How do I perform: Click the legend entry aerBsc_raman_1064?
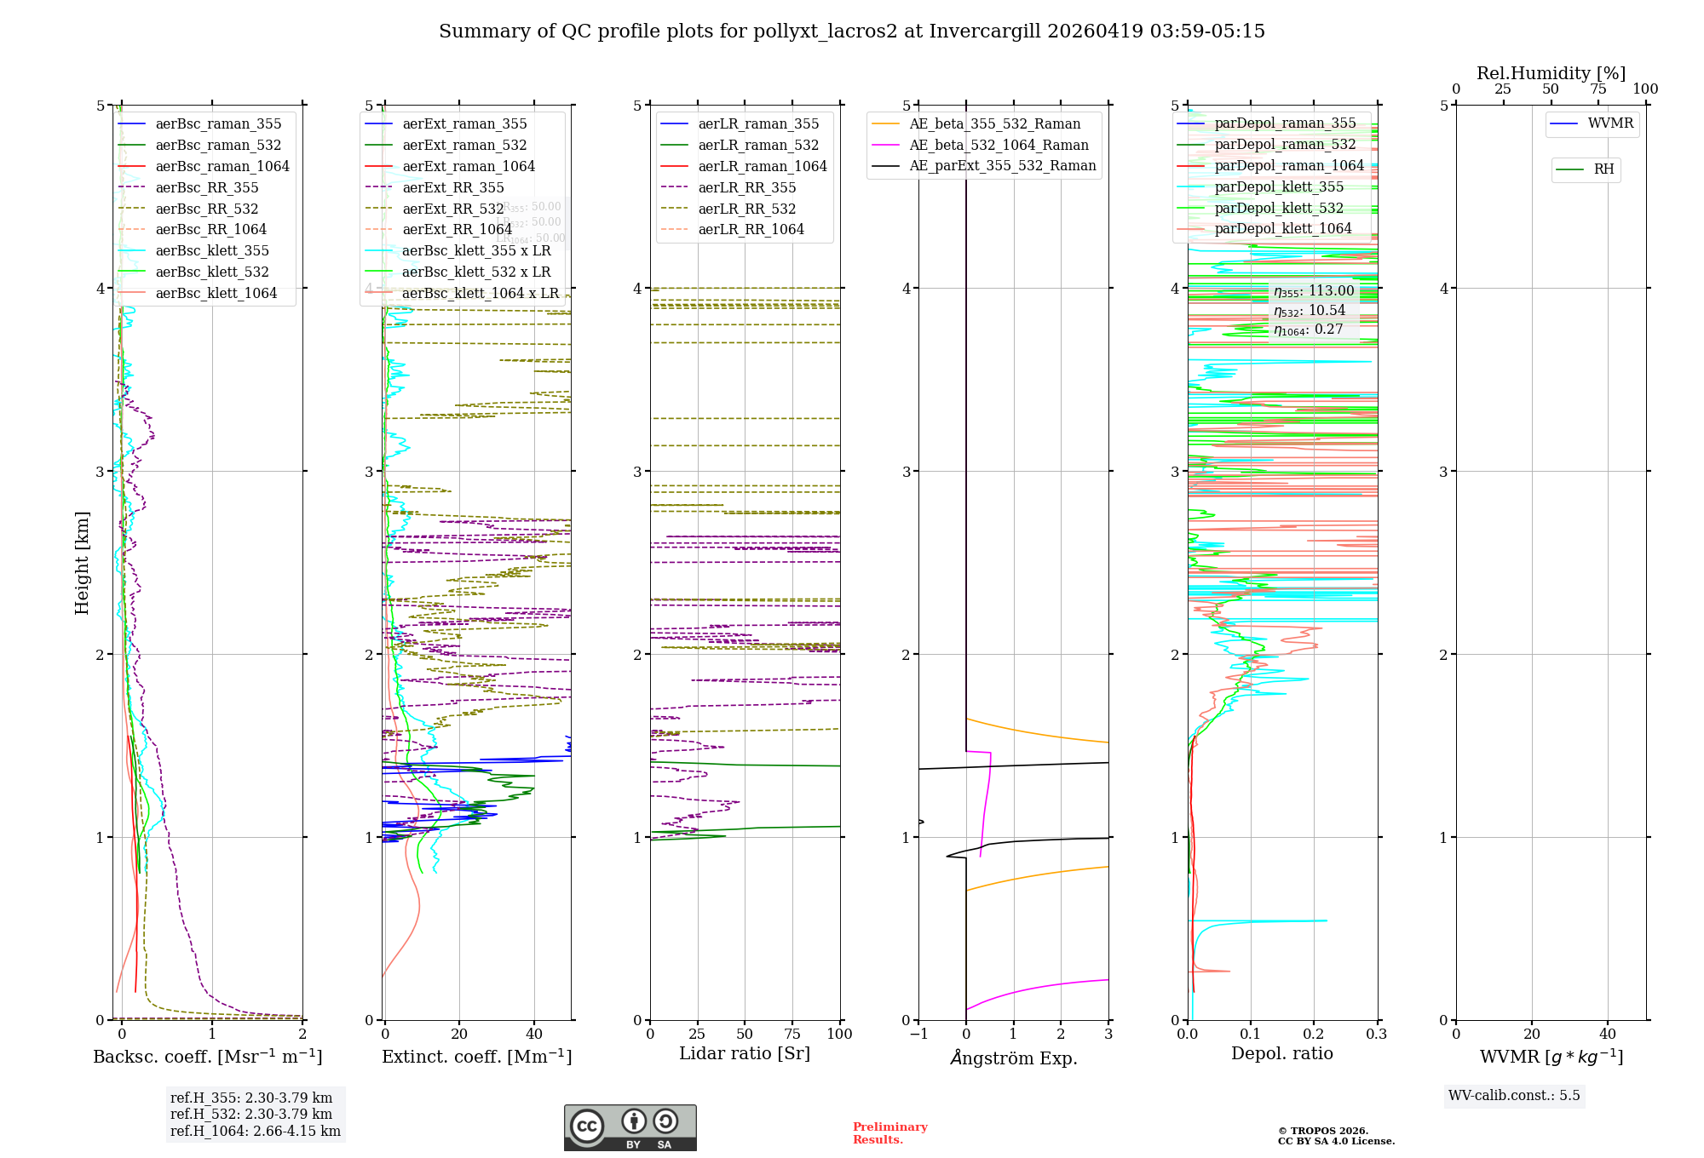click(222, 167)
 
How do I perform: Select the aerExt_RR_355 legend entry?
click(452, 188)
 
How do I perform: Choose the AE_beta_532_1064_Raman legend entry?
click(999, 146)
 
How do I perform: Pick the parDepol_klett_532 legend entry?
click(1278, 209)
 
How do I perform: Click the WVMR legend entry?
click(1609, 124)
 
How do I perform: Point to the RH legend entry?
click(1603, 170)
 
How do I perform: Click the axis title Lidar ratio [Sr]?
click(744, 1054)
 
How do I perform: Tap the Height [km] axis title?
click(82, 563)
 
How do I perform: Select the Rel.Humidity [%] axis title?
click(1551, 73)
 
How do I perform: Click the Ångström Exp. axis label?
click(1013, 1058)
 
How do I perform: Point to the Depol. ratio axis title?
click(1281, 1054)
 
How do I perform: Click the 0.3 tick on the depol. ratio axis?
click(1377, 1035)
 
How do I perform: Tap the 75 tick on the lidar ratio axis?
click(792, 1035)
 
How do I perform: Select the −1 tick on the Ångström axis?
click(918, 1035)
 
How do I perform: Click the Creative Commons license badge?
click(630, 1128)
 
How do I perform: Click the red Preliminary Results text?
click(889, 1133)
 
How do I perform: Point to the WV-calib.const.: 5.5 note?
click(1513, 1096)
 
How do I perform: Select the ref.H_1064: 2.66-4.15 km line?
click(255, 1132)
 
